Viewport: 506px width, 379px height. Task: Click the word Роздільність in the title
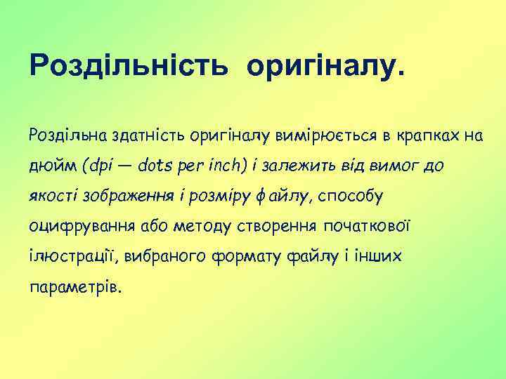128,66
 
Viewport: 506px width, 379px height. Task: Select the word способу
350,197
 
